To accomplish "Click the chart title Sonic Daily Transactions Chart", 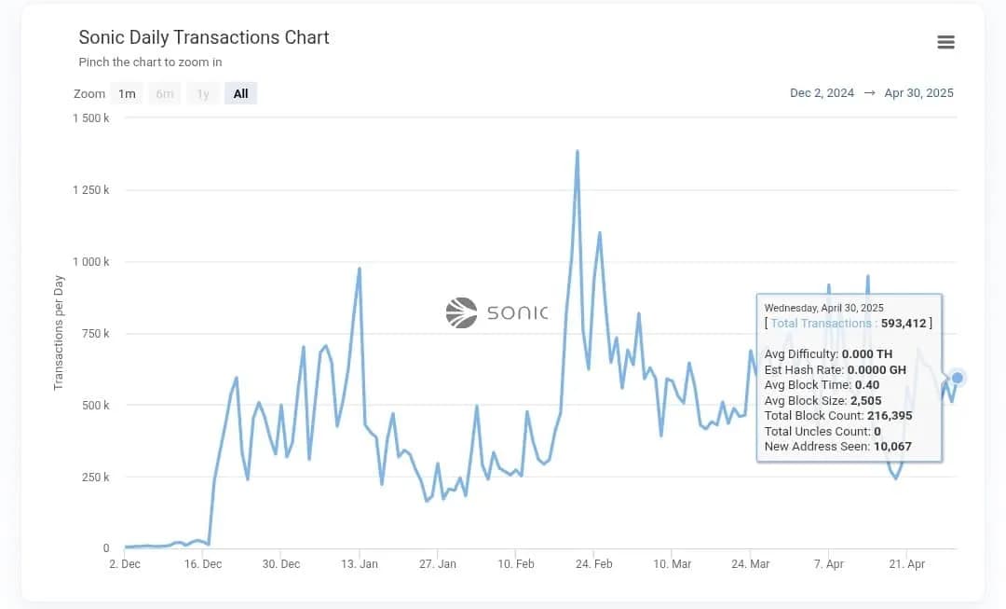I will click(x=204, y=37).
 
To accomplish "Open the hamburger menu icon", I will click(x=945, y=42).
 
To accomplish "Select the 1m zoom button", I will click(x=127, y=93).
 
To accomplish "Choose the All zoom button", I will click(x=240, y=93).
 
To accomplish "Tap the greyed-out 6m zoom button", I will click(x=165, y=93).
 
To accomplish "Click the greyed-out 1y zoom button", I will click(x=203, y=93).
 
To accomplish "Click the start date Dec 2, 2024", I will click(x=822, y=93).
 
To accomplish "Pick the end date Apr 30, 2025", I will click(x=918, y=93).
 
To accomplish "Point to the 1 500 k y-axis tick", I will click(x=90, y=118).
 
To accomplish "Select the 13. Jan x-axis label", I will click(x=360, y=564).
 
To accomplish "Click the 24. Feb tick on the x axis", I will click(x=594, y=564).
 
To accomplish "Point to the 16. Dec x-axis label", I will click(x=203, y=564).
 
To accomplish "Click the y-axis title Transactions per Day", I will click(x=59, y=332).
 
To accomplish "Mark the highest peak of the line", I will click(x=578, y=151).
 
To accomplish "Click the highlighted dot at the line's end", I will click(x=957, y=378).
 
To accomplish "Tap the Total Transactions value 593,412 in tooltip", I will click(x=903, y=324).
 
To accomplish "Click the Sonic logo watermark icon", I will click(x=461, y=312).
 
